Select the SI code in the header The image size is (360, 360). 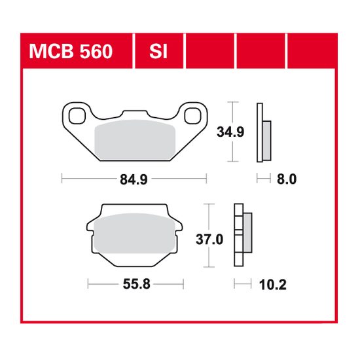(x=157, y=50)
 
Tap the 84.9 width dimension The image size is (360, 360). (x=133, y=177)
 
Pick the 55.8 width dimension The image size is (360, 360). (x=135, y=285)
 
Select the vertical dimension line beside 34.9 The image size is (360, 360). (x=231, y=132)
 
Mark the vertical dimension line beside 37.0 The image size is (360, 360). (x=209, y=236)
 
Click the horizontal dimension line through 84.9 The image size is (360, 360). (x=85, y=177)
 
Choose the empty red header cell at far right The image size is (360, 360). (x=312, y=50)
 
